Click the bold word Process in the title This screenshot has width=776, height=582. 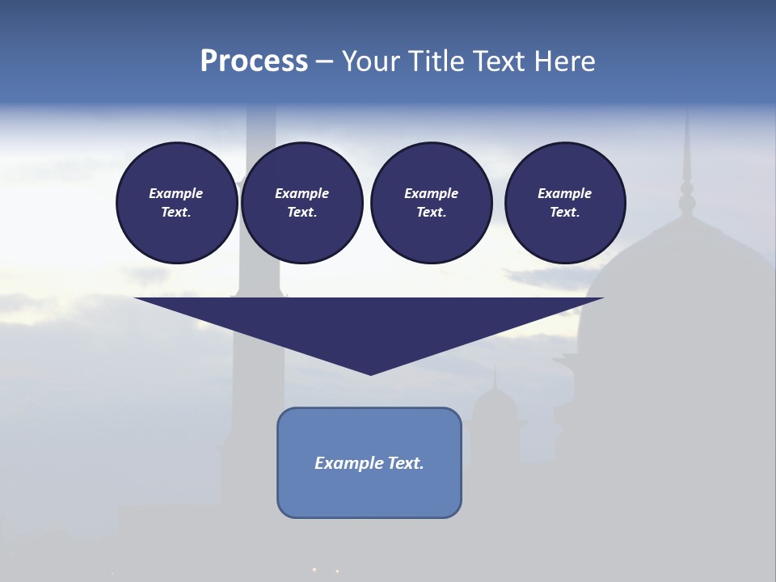(x=254, y=61)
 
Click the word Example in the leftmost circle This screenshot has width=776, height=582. (x=176, y=193)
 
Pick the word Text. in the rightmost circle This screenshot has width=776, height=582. (x=565, y=213)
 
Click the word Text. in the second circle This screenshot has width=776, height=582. (x=302, y=213)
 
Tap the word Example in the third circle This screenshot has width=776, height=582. (x=431, y=193)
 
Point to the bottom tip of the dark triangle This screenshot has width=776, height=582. (x=370, y=373)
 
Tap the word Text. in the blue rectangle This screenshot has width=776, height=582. (x=406, y=463)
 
